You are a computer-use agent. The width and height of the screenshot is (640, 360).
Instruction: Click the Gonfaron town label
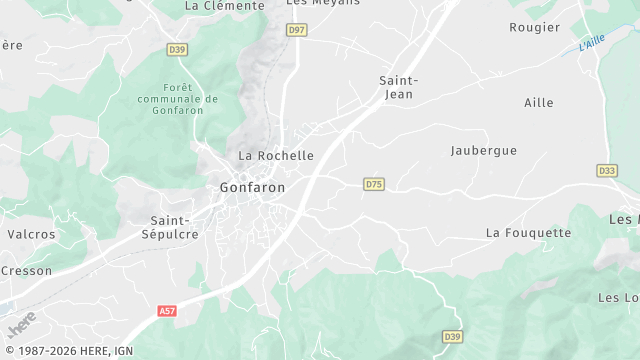pos(252,187)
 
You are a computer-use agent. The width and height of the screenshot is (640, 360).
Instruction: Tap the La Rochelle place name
pos(276,156)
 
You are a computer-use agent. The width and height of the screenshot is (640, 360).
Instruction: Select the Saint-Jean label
pos(397,87)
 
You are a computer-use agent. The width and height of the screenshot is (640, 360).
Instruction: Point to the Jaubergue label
pos(484,150)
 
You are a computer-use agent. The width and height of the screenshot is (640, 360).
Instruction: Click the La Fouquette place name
pos(529,233)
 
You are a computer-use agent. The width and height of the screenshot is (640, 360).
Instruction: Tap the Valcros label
pos(31,233)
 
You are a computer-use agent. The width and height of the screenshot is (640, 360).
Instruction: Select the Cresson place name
pos(26,270)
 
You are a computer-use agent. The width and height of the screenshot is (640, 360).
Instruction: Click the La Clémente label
pos(225,5)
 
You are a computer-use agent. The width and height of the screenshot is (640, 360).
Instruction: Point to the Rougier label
pos(535,27)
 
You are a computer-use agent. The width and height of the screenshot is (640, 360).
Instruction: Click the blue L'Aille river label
pos(593,44)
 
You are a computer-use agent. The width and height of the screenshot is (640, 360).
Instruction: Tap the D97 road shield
pos(296,30)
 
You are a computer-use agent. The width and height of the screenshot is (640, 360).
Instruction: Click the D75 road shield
pos(374,184)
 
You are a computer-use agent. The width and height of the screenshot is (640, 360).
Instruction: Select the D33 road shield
pos(607,171)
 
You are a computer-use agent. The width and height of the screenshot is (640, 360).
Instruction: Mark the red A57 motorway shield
pos(168,312)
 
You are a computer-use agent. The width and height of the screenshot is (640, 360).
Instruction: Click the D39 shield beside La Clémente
pos(178,49)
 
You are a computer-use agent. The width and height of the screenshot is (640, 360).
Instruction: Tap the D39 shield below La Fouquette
pos(452,337)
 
